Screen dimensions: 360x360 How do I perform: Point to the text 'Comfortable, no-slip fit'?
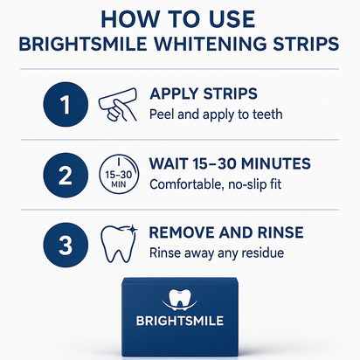click(x=224, y=184)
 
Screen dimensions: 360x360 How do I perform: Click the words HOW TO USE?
click(x=179, y=19)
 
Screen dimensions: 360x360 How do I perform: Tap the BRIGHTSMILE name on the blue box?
click(x=180, y=320)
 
